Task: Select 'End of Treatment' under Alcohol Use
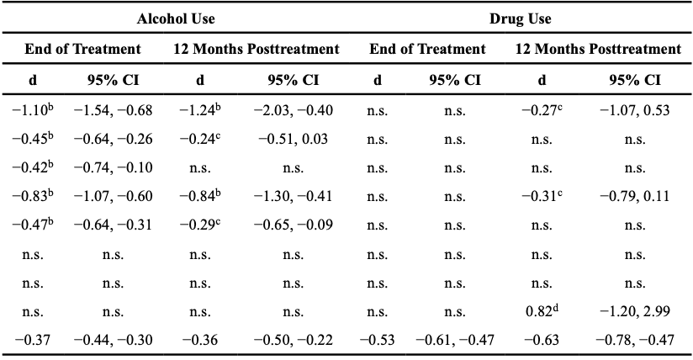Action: pos(82,50)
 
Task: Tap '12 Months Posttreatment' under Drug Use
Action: pos(598,50)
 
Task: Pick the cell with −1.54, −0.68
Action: pos(114,110)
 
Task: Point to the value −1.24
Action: pos(199,110)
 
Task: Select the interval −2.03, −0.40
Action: pos(293,110)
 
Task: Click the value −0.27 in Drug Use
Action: pos(541,110)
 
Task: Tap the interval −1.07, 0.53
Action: pos(635,110)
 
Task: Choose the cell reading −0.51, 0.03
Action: pos(293,140)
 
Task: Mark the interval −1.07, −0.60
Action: pos(114,197)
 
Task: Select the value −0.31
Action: pos(541,197)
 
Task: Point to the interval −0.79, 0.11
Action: pos(635,197)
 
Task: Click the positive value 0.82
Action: pos(541,311)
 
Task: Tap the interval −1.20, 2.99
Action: pos(635,312)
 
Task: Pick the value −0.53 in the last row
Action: pos(377,341)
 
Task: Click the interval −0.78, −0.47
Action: pos(635,341)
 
